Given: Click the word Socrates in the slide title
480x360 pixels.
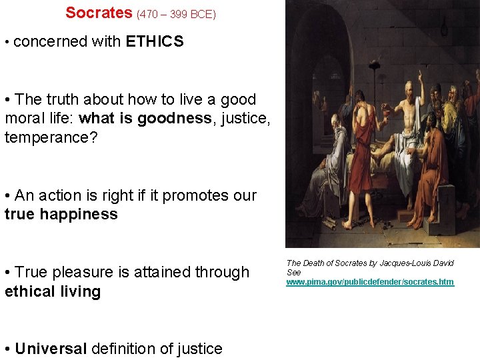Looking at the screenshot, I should pyautogui.click(x=99, y=12).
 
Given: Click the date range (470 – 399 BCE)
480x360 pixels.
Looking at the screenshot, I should pyautogui.click(x=176, y=13).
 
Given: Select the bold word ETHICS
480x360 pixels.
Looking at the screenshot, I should pyautogui.click(x=154, y=41).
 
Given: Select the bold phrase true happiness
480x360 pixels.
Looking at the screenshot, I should pyautogui.click(x=61, y=214).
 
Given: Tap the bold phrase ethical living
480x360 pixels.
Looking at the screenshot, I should pyautogui.click(x=53, y=291).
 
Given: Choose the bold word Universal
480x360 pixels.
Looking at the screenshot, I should pyautogui.click(x=51, y=349).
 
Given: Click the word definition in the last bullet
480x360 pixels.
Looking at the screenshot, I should pyautogui.click(x=123, y=349).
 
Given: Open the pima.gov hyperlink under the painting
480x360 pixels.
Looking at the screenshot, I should pyautogui.click(x=370, y=282).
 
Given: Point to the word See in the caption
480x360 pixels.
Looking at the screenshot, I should pyautogui.click(x=293, y=272).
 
